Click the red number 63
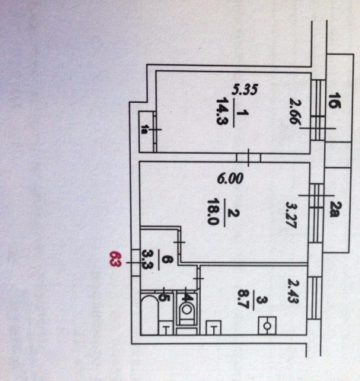[115, 259]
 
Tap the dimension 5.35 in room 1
[245, 89]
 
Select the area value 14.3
[221, 111]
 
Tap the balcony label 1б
[335, 101]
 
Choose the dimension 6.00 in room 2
[230, 178]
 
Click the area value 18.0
[212, 212]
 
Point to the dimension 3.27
[291, 215]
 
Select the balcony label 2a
[335, 210]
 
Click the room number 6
[165, 260]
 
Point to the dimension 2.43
[293, 291]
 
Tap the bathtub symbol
[150, 313]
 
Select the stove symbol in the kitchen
[267, 325]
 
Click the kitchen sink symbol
[213, 327]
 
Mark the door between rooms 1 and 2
[248, 158]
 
